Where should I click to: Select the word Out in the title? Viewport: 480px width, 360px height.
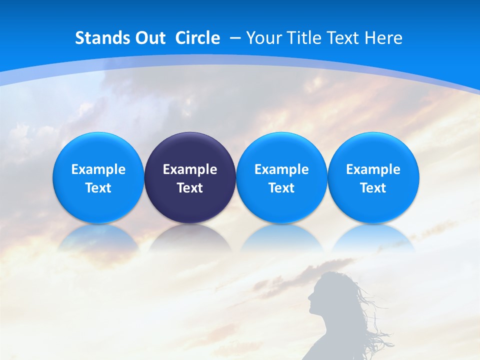coord(149,38)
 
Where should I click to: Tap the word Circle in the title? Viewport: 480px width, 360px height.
coord(197,38)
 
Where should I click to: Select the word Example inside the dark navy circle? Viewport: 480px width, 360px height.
coord(190,169)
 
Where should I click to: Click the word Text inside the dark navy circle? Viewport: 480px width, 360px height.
coord(190,188)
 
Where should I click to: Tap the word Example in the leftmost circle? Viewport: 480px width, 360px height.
coord(98,169)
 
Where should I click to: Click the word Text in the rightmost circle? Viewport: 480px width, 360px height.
coord(373,188)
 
